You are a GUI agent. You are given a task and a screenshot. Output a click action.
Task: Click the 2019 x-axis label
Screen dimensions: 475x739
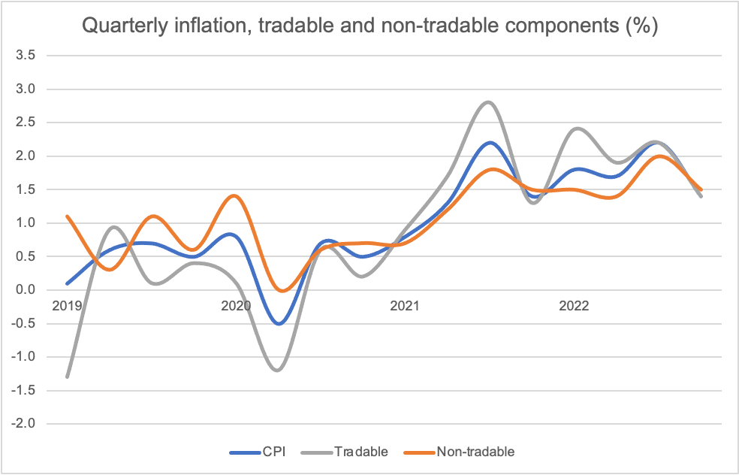pos(68,306)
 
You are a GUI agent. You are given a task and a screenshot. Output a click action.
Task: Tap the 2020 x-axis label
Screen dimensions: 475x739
pos(236,306)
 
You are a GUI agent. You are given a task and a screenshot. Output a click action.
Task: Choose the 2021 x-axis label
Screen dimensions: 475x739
pos(405,306)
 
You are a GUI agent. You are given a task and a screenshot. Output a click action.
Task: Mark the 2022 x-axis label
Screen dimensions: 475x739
pos(574,306)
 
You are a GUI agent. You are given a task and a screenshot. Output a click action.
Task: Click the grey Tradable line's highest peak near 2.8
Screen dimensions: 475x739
pos(489,102)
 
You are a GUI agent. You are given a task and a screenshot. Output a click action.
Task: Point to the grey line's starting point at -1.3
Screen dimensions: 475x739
pos(68,377)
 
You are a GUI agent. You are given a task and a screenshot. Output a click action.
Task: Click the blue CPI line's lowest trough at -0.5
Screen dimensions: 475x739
pos(279,324)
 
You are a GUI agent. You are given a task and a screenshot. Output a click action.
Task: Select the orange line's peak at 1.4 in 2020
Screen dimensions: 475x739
pos(236,195)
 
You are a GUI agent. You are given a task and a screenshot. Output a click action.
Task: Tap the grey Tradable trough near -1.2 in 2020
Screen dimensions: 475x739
pos(278,371)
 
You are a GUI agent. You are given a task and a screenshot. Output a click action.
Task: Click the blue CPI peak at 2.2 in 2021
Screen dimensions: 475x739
pos(489,142)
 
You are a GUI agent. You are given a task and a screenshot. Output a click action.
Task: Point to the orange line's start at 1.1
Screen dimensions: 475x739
pos(68,216)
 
